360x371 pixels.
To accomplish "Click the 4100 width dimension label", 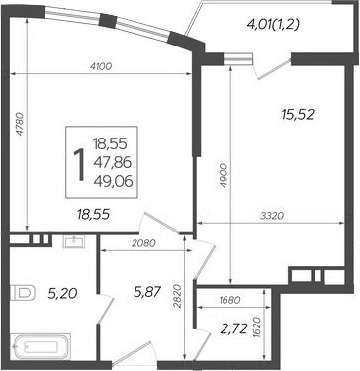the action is [x=101, y=66].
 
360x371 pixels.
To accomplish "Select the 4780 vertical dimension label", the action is [x=21, y=124].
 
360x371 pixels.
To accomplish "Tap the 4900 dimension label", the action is [x=224, y=175].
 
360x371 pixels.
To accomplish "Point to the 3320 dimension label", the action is [x=272, y=216].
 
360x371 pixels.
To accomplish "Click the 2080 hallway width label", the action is [x=143, y=243].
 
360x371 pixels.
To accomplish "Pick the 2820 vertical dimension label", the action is [x=177, y=296].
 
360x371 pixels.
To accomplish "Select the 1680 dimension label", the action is [x=229, y=300].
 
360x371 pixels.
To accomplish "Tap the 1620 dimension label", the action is [x=257, y=328].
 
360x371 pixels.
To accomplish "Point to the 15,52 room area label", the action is [x=298, y=115].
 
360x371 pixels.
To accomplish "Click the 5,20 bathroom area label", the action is [x=63, y=293].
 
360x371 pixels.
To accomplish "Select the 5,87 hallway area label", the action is [x=147, y=292].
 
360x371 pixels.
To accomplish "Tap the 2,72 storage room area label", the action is [x=234, y=328].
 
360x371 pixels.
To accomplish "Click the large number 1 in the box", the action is [x=79, y=164].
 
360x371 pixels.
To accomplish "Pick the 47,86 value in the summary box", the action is [x=113, y=162].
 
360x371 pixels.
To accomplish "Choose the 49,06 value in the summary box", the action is [x=113, y=181].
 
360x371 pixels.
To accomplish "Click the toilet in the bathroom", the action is [x=23, y=292].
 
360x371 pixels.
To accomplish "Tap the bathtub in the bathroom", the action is [x=41, y=347].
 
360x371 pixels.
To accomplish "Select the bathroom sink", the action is [x=74, y=242].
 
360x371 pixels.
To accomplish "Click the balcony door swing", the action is [x=272, y=68].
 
